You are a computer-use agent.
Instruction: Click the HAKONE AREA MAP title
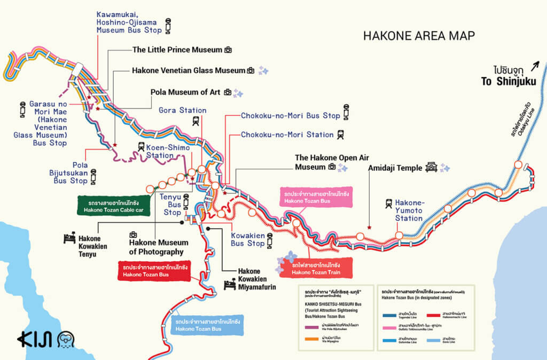(419, 36)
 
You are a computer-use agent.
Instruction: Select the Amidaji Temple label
(394, 168)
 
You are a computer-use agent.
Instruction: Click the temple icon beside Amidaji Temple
(431, 168)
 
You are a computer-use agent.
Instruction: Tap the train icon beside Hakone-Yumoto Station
(388, 204)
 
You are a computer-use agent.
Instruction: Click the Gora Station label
(182, 111)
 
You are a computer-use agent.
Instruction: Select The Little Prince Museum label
(177, 50)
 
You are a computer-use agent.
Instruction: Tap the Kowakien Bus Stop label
(247, 239)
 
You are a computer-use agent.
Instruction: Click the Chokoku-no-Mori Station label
(287, 135)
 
